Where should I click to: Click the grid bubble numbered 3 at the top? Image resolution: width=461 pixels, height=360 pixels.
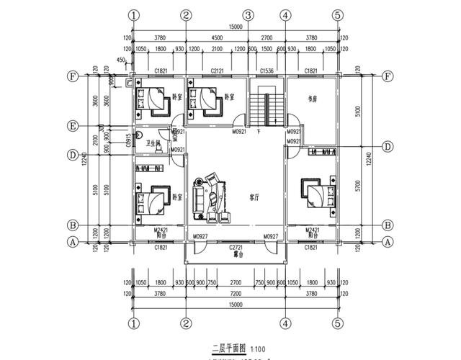(x=247, y=15)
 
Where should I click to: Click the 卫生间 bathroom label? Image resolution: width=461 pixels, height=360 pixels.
(x=153, y=143)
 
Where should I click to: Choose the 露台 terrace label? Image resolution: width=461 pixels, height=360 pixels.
(x=236, y=255)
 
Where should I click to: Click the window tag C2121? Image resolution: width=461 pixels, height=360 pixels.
(x=217, y=71)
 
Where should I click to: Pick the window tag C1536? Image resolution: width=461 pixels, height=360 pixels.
(x=267, y=71)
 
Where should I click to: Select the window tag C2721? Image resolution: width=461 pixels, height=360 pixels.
(x=236, y=247)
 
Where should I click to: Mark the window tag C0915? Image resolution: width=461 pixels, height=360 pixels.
(x=127, y=140)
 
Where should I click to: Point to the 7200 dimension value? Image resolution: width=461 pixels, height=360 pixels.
(x=236, y=294)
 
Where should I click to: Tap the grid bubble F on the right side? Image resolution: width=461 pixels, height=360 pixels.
(x=388, y=76)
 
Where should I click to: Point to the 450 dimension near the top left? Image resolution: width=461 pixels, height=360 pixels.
(x=120, y=60)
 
